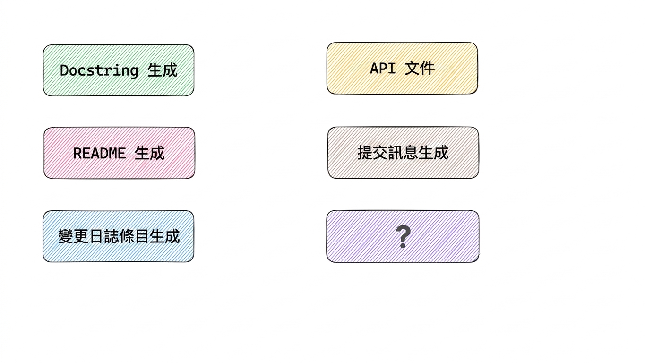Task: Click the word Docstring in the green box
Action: (x=99, y=71)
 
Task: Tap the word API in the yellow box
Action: (x=383, y=69)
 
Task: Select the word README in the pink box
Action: (x=99, y=153)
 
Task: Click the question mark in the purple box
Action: (x=403, y=236)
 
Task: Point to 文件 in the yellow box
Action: (x=420, y=69)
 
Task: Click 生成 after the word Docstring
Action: (x=162, y=70)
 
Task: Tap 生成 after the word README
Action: (x=149, y=153)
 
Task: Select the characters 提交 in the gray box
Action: (x=372, y=153)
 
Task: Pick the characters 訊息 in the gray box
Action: (x=403, y=153)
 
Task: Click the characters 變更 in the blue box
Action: (x=73, y=236)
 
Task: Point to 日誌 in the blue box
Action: (x=103, y=236)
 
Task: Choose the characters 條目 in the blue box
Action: (x=134, y=236)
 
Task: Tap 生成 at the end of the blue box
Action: (x=164, y=236)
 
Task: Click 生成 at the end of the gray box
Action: (x=433, y=153)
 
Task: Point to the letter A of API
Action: (x=374, y=69)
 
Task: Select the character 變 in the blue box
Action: (x=66, y=236)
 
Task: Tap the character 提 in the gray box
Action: (x=365, y=153)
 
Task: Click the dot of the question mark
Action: (x=403, y=245)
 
